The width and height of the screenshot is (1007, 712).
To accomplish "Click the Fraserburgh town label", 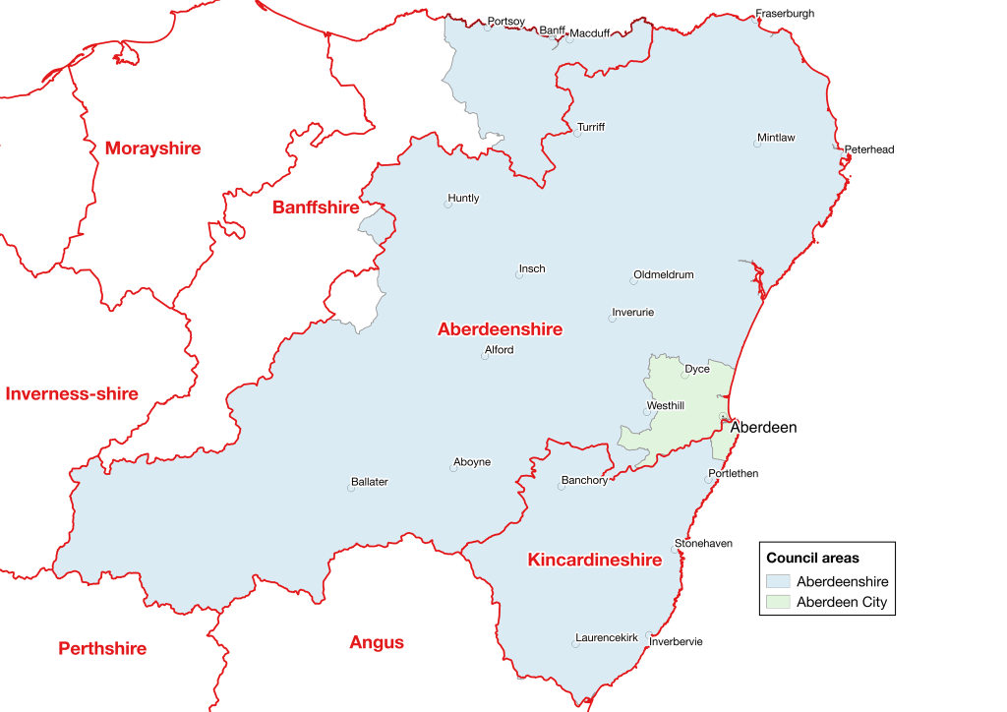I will (x=785, y=14).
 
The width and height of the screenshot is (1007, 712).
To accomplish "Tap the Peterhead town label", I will (x=870, y=149).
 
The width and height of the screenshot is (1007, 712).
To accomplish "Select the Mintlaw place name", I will (x=776, y=138).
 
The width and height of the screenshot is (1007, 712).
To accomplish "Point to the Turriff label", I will (x=591, y=128).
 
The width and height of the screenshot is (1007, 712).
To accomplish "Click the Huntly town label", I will (x=463, y=198).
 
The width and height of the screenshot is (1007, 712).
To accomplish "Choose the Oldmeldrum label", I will (x=664, y=275).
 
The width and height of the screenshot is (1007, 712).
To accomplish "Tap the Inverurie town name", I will (x=632, y=313).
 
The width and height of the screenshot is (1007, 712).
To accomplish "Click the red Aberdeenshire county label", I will (x=500, y=329).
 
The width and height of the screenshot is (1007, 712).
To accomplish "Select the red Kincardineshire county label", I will (x=594, y=561).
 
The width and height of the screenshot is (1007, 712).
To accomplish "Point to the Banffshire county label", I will (x=316, y=208).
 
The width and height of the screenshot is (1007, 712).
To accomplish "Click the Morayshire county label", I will (x=152, y=148).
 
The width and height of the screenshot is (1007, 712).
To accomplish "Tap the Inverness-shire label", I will (x=72, y=394).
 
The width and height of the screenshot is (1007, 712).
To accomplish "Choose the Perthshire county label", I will (x=102, y=649).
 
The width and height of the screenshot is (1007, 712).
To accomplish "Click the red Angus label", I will (x=377, y=643).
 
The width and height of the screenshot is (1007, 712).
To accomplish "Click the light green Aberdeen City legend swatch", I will (x=779, y=603).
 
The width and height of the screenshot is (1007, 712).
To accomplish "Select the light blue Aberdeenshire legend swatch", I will (x=779, y=582).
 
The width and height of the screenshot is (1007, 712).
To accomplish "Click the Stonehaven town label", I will (x=703, y=544).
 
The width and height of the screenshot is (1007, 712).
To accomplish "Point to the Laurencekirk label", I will (x=607, y=638).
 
